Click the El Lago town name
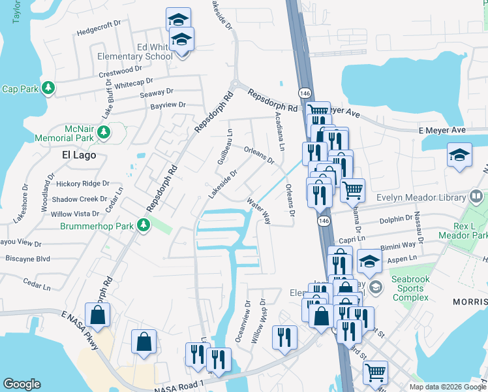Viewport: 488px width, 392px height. pyautogui.click(x=79, y=155)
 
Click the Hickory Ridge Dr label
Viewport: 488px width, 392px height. pyautogui.click(x=82, y=184)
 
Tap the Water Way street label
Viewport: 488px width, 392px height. pyautogui.click(x=258, y=209)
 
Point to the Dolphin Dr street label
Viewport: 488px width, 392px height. pyautogui.click(x=395, y=220)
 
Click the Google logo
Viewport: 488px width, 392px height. pyautogui.click(x=22, y=384)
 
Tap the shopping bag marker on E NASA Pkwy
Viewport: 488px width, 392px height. pyautogui.click(x=97, y=316)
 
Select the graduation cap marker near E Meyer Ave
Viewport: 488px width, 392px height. pyautogui.click(x=459, y=155)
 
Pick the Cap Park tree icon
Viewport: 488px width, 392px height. pyautogui.click(x=48, y=88)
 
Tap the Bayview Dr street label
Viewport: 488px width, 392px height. pyautogui.click(x=168, y=105)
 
